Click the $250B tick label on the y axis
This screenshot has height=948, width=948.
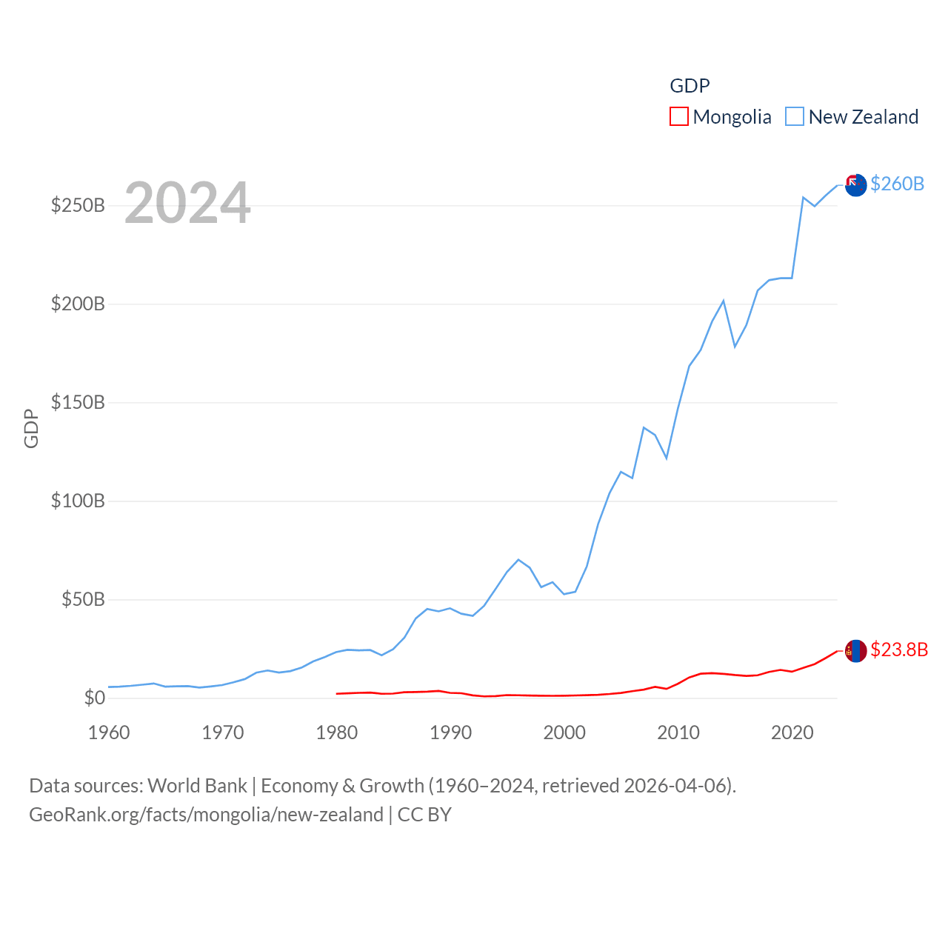78,205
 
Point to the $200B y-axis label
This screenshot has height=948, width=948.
78,304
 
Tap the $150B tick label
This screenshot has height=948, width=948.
78,402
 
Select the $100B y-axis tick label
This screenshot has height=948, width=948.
78,501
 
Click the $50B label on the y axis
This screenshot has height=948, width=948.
83,599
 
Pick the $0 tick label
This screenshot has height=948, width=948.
94,698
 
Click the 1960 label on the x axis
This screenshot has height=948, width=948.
109,732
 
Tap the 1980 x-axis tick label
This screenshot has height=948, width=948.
337,732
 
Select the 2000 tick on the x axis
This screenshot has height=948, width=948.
564,732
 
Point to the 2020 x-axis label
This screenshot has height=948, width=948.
792,732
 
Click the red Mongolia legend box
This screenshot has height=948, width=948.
679,116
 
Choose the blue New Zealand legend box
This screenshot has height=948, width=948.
795,116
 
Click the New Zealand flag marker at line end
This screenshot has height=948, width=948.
855,185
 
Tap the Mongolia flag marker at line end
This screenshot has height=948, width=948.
855,651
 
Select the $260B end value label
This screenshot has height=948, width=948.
897,184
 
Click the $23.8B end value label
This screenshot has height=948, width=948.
899,650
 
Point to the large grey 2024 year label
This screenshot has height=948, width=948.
187,203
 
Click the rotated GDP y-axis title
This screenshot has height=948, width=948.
31,428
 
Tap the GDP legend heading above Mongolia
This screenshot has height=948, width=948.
690,86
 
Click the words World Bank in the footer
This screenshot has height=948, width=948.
197,785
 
